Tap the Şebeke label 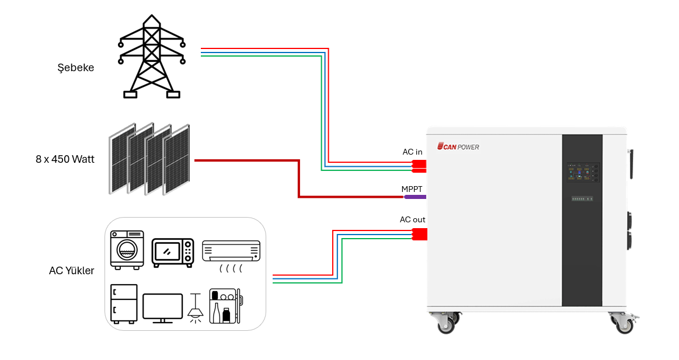pos(76,68)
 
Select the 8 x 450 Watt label pos(65,159)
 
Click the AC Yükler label pos(71,271)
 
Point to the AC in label pos(412,152)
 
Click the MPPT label pos(412,189)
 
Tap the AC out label pos(412,220)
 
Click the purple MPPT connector pos(415,197)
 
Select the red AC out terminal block pos(419,234)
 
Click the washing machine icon pos(127,250)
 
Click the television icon pos(162,307)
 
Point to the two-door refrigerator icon pos(124,303)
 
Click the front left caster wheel pos(446,323)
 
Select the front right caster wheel pos(623,323)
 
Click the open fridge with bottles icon pos(226,306)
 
